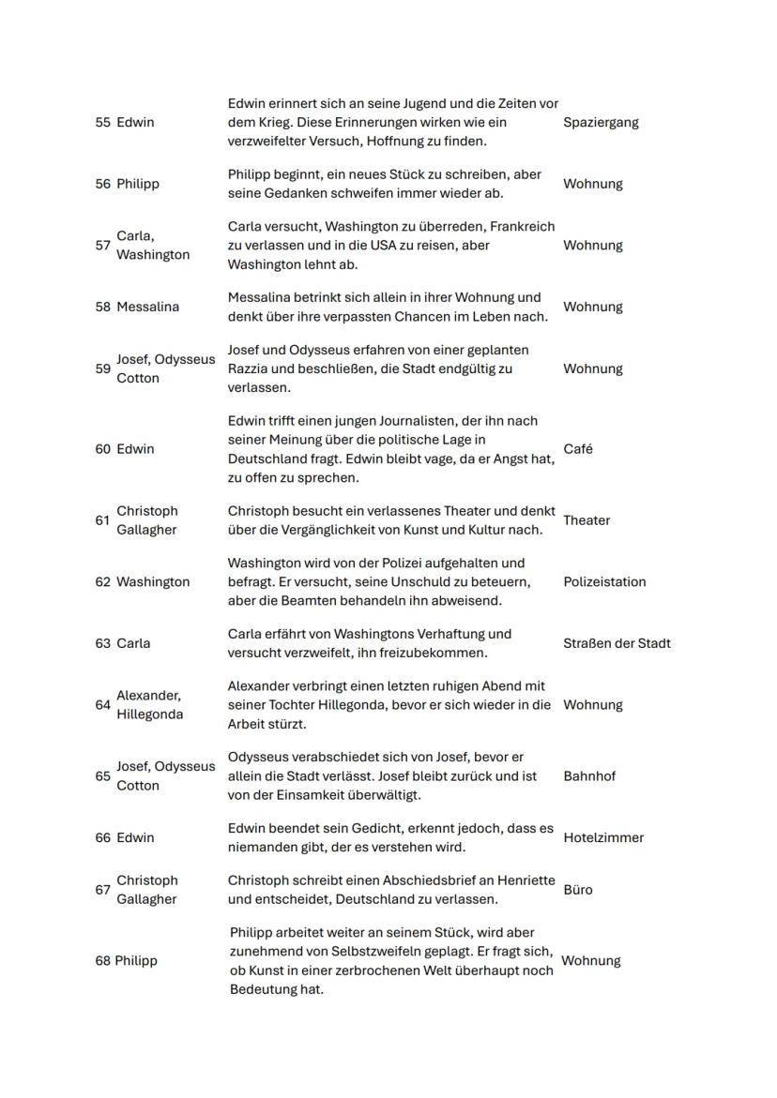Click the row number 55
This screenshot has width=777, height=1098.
point(102,122)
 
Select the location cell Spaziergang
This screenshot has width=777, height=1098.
point(601,122)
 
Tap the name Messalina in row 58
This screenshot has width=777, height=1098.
point(147,307)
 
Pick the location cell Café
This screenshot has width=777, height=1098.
point(578,449)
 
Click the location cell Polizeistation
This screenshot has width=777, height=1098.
point(604,582)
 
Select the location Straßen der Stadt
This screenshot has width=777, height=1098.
point(617,643)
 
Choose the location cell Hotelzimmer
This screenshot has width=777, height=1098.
point(603,838)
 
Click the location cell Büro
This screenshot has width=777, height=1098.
point(578,890)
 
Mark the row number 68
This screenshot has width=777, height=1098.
point(102,961)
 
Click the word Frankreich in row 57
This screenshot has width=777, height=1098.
point(522,227)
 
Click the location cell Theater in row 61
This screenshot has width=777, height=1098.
point(587,520)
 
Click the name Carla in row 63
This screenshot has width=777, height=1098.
point(133,643)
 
